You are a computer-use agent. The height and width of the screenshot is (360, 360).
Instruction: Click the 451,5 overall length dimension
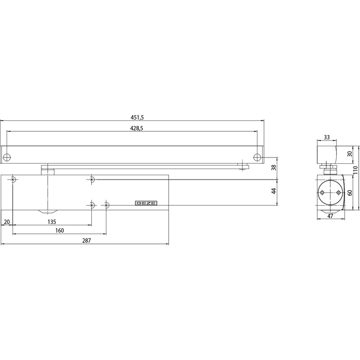[x=137, y=117]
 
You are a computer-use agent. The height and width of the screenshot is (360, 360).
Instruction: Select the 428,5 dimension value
[x=137, y=128]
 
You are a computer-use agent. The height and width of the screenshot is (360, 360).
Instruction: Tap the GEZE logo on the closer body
[x=146, y=203]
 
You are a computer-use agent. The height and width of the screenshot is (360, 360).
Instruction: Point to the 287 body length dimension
[x=86, y=240]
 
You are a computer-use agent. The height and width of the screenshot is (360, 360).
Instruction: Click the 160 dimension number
[x=60, y=230]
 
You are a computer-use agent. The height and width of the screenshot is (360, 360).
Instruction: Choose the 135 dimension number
[x=52, y=222]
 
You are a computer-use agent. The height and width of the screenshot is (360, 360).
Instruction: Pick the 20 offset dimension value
[x=7, y=222]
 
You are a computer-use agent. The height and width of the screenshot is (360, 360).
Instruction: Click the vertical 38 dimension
[x=274, y=167]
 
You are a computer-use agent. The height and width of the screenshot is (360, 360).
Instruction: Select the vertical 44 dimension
[x=274, y=191]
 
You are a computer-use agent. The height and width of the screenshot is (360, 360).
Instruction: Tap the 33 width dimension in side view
[x=327, y=137]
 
